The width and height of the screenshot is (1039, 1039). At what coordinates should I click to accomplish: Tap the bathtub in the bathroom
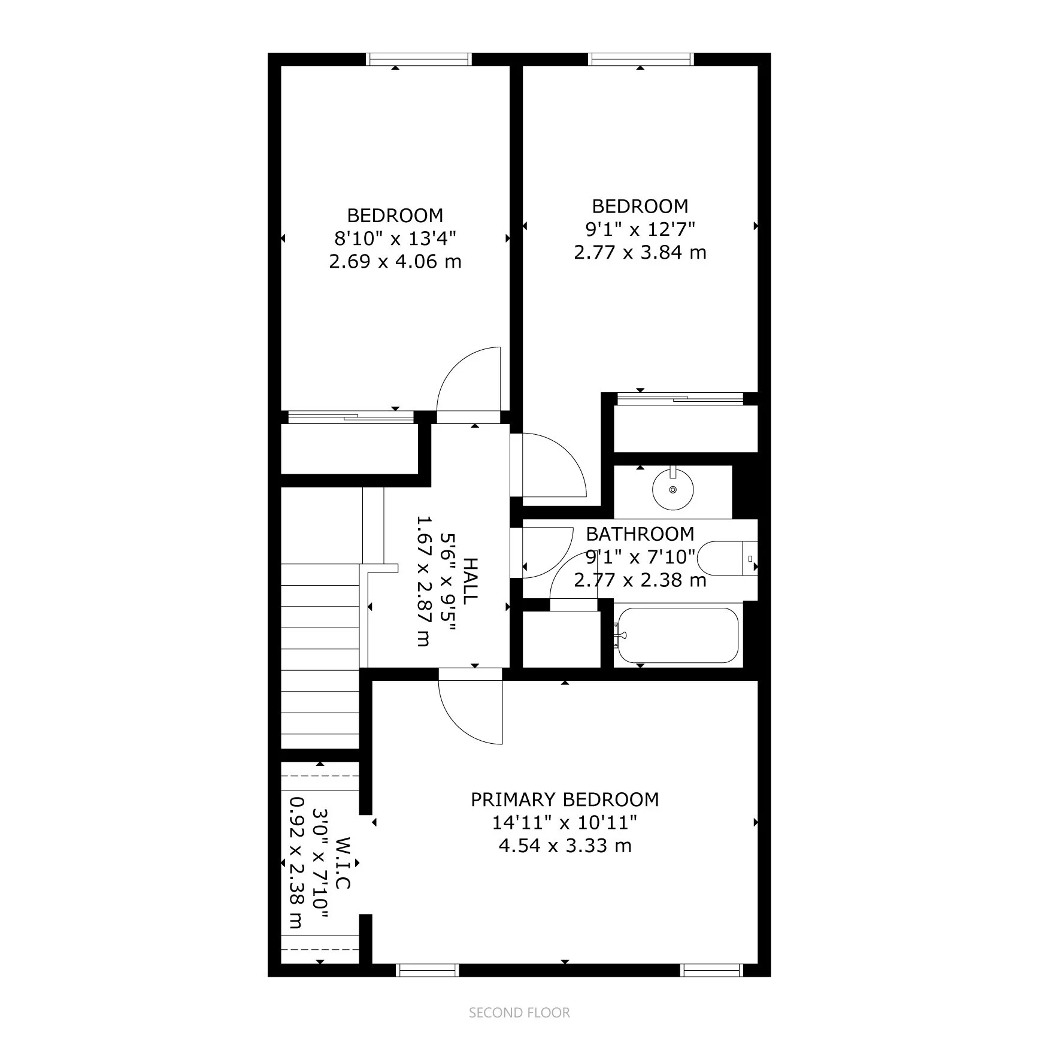pyautogui.click(x=677, y=635)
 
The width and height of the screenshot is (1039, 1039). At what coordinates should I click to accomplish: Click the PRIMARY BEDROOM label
pyautogui.click(x=565, y=799)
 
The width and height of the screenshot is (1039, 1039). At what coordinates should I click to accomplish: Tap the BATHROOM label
pyautogui.click(x=640, y=534)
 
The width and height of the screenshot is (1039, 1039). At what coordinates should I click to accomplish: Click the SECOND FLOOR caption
pyautogui.click(x=519, y=1013)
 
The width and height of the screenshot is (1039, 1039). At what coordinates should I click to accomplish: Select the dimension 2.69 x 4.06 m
pyautogui.click(x=395, y=262)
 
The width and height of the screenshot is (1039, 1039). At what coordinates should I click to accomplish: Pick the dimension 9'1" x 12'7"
pyautogui.click(x=640, y=229)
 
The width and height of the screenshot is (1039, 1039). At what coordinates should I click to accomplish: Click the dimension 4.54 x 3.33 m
pyautogui.click(x=565, y=846)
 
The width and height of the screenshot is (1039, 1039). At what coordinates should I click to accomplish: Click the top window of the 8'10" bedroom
pyautogui.click(x=419, y=59)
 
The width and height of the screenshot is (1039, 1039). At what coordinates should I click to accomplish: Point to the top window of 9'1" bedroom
pyautogui.click(x=641, y=59)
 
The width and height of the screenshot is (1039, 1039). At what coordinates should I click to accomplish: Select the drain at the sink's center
pyautogui.click(x=673, y=490)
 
